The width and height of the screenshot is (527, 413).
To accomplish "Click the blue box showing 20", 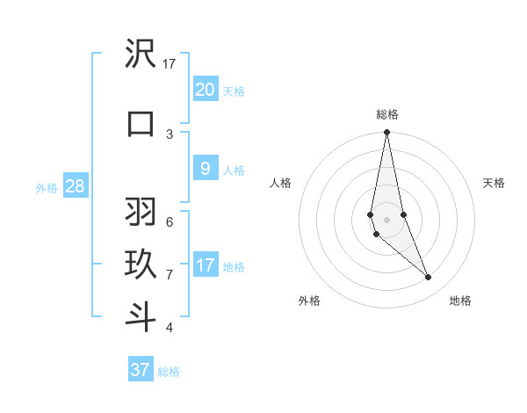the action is click(x=205, y=89).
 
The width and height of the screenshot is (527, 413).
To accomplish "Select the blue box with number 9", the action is click(x=205, y=169).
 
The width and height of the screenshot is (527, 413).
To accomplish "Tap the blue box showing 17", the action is click(x=205, y=265).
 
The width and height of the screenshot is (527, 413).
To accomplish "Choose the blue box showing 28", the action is click(x=76, y=186).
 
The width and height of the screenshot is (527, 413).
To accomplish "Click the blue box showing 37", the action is click(x=141, y=370).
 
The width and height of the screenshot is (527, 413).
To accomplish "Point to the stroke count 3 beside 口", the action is click(x=170, y=134).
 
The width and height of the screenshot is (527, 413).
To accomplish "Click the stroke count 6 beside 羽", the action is click(x=170, y=222).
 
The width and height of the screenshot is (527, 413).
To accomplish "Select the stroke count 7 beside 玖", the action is click(x=170, y=275).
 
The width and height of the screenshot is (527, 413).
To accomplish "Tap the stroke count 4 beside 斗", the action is click(x=170, y=328).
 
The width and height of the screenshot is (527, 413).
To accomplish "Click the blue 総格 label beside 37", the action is click(x=169, y=372).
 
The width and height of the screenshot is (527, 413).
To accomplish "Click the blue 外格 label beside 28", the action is click(x=47, y=188).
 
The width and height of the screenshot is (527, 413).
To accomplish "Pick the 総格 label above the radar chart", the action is click(x=387, y=114).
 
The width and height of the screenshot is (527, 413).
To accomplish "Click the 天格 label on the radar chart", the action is click(x=495, y=183).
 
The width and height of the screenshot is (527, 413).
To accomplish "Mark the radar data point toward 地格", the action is click(x=429, y=278).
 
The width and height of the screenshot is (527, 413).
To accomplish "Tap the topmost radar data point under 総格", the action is click(x=386, y=133).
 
